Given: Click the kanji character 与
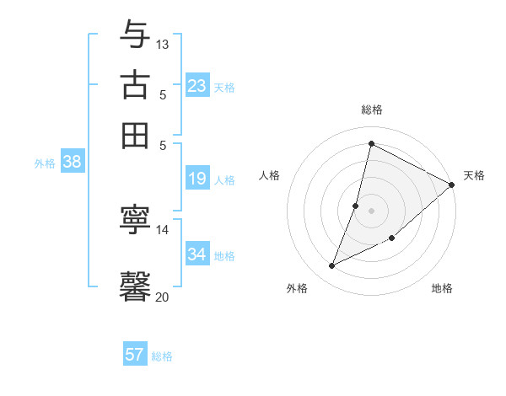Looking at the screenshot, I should [135, 35].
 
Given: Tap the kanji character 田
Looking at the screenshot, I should [135, 135].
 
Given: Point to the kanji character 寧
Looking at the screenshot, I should [135, 220].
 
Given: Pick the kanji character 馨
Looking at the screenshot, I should [135, 285].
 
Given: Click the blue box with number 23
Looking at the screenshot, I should [197, 86].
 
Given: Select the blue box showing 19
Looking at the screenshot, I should [197, 179].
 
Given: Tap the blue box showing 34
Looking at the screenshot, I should [197, 254].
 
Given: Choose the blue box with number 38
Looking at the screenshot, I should [72, 163].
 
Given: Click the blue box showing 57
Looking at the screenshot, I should [135, 355].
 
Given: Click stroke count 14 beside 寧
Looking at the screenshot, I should [163, 229].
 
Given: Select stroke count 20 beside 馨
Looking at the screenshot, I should [163, 296].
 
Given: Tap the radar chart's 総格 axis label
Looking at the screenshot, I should [371, 110].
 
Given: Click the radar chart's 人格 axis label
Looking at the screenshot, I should [270, 175].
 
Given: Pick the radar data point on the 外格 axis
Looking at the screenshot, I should [331, 266].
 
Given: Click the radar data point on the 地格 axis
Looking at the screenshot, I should [392, 238].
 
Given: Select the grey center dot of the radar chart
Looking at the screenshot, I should [371, 210].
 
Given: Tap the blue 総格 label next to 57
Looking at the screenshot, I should [162, 356].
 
